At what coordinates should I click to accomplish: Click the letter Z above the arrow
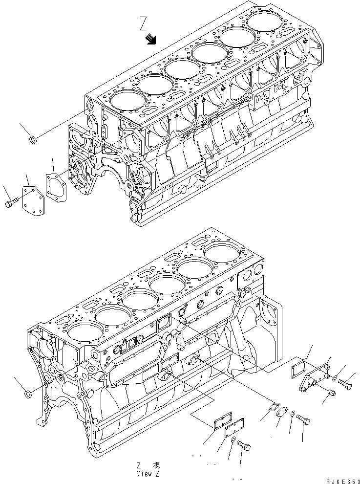[x=143, y=22]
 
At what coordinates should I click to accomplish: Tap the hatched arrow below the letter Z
[x=151, y=39]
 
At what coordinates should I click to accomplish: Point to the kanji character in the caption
[x=156, y=465]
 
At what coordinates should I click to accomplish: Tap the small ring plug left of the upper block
[x=33, y=141]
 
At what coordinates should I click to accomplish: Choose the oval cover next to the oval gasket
[x=282, y=413]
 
